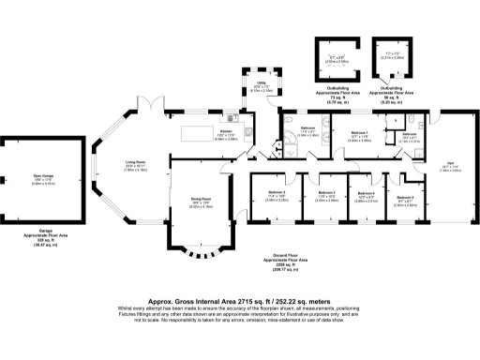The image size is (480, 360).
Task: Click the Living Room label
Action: click(136, 163)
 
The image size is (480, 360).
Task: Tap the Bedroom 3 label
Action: click(276, 194)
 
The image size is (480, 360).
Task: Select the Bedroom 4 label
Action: click(367, 194)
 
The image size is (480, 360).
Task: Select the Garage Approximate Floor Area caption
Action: click(40, 237)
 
